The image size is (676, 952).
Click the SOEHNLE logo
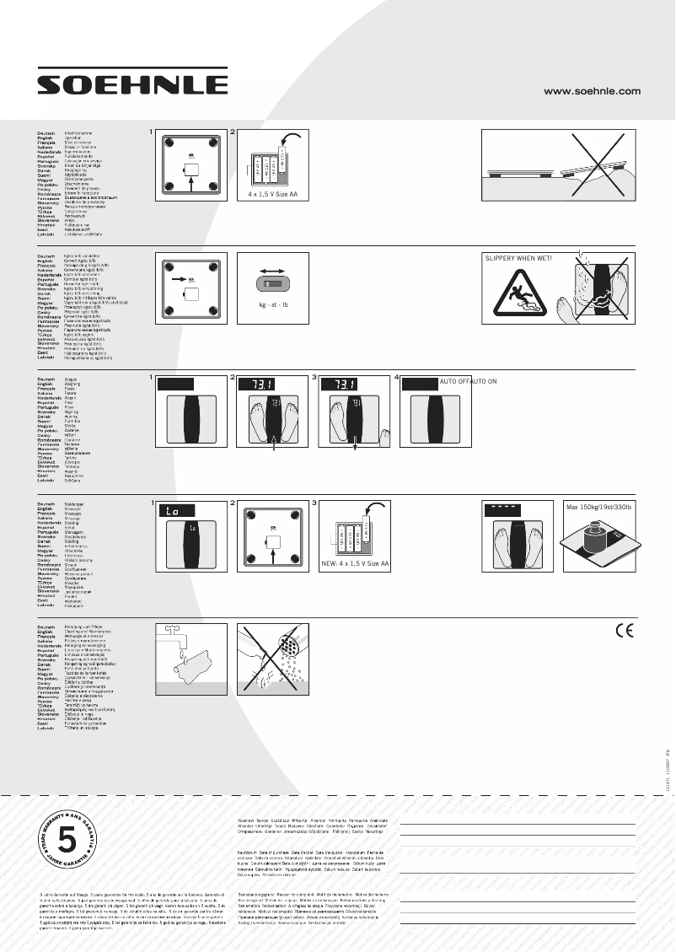point(137,84)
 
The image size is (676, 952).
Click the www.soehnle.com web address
point(593,91)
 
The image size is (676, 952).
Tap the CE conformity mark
point(625,632)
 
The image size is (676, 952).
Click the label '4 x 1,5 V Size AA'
point(272,194)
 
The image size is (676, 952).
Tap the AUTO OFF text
point(453,381)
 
